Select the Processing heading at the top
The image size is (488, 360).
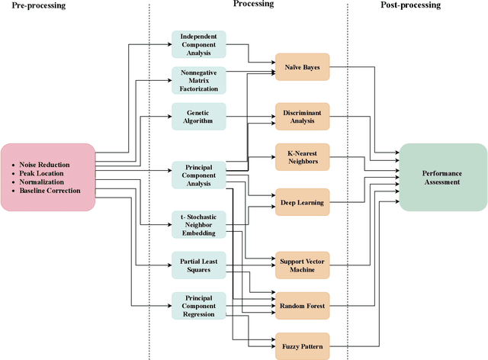pos(253,5)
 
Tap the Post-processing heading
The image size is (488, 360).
pos(409,5)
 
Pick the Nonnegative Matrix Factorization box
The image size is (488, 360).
pos(199,80)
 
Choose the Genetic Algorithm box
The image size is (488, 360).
pos(199,116)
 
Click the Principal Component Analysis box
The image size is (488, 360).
pos(199,175)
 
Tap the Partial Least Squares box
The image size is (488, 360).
pos(199,264)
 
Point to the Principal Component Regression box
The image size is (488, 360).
pos(199,304)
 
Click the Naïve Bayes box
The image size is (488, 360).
pos(302,67)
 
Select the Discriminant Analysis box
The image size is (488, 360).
pos(302,117)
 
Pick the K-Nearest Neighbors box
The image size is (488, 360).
pos(302,156)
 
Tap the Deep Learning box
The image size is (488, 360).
pos(302,202)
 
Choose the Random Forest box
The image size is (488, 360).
pos(302,304)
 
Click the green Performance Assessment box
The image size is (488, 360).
pos(442,178)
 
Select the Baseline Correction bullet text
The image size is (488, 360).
pos(53,191)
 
